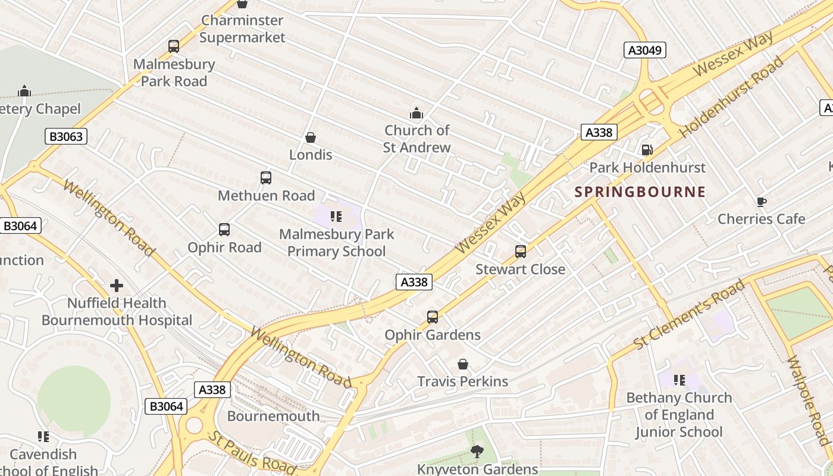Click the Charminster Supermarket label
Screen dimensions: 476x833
(x=242, y=29)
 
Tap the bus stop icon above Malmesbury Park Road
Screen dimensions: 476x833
(x=174, y=46)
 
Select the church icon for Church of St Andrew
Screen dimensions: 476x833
(x=416, y=113)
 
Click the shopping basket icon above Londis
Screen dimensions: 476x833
(x=311, y=138)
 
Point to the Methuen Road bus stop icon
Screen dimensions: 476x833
(x=266, y=178)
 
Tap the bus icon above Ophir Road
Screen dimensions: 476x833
(x=224, y=230)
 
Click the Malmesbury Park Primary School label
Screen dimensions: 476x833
(x=336, y=243)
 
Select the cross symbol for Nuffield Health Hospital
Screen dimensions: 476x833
(x=117, y=286)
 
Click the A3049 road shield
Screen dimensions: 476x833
(x=645, y=50)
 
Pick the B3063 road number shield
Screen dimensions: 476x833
(x=66, y=137)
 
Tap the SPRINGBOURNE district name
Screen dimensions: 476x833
(x=640, y=192)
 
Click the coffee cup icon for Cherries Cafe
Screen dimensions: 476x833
(x=762, y=202)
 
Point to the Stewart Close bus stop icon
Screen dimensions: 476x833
(x=521, y=252)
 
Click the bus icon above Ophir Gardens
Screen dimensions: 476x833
(x=433, y=317)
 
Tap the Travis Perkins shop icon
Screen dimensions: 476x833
(x=463, y=364)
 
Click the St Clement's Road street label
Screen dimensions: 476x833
(x=689, y=315)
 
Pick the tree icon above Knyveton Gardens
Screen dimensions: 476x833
(x=477, y=452)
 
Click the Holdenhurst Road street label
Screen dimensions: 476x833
(x=732, y=97)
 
